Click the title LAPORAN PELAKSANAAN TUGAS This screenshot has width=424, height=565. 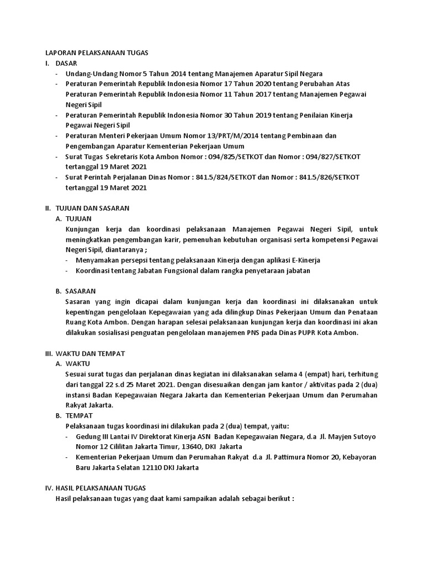(97, 52)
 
